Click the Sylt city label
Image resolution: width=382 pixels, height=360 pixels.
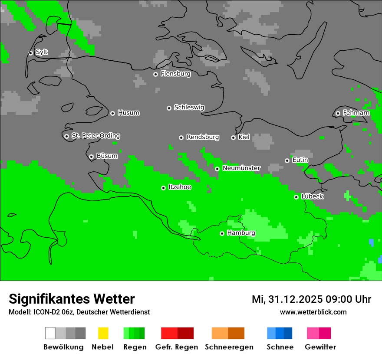(x=42, y=52)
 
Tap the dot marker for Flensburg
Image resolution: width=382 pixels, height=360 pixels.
(x=155, y=74)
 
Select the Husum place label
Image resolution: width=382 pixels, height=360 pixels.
(x=128, y=113)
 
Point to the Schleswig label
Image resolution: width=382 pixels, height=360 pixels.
(x=189, y=107)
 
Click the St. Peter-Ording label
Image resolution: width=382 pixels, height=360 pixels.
(x=95, y=136)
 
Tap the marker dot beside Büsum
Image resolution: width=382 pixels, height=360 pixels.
(x=91, y=157)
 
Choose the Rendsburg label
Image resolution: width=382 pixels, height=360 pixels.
(x=203, y=137)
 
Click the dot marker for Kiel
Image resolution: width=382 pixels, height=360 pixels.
(x=233, y=137)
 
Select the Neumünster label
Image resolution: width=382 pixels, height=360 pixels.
(x=241, y=168)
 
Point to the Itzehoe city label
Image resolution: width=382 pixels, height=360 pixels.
(x=180, y=187)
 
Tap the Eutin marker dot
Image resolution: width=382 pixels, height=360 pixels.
(x=287, y=160)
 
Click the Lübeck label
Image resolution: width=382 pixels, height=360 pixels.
(x=312, y=196)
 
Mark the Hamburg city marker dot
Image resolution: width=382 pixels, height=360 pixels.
(x=222, y=233)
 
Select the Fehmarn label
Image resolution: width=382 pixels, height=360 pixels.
(x=356, y=113)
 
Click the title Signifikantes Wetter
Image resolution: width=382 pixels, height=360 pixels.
(x=72, y=299)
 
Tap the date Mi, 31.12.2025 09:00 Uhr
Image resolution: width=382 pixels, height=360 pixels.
(x=311, y=299)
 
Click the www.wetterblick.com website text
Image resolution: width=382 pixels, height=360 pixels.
(x=313, y=312)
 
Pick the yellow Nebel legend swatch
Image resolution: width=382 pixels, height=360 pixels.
(x=103, y=333)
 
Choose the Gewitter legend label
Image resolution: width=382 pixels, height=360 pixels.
(x=320, y=347)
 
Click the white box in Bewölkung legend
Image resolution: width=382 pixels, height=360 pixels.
(x=50, y=333)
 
